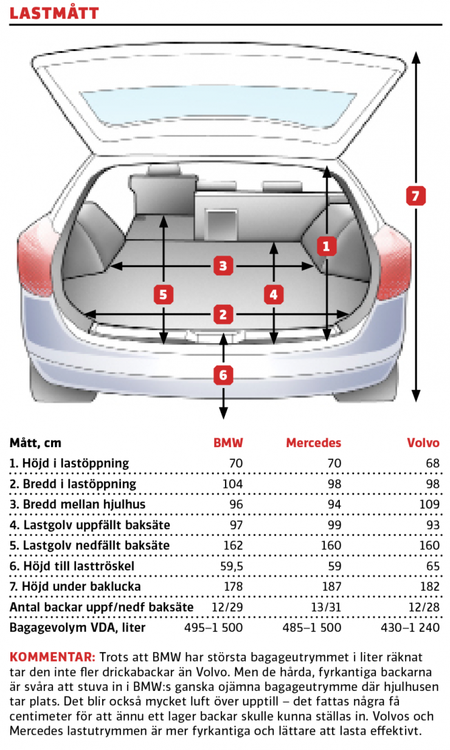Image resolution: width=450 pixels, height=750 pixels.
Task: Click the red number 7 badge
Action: (415, 196)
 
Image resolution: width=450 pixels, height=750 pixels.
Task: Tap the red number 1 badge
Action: (327, 246)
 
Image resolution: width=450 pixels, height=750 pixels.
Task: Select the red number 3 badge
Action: (223, 266)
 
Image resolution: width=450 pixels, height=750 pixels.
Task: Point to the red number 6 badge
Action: (223, 375)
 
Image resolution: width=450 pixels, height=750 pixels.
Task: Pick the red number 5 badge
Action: (164, 294)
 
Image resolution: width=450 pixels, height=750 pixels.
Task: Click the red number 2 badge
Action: (223, 314)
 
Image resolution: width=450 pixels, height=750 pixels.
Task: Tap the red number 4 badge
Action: (274, 294)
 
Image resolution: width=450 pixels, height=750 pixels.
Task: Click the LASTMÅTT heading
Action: (54, 13)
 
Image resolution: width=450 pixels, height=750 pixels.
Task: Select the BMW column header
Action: (229, 443)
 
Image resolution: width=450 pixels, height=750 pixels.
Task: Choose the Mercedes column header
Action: (313, 443)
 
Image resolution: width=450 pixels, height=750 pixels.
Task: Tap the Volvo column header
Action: (423, 443)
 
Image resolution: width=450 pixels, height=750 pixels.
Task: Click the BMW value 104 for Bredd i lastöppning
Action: (233, 484)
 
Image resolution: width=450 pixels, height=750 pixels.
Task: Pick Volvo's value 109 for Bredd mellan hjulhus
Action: (429, 504)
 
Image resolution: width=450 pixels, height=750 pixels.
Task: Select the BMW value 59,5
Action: (232, 566)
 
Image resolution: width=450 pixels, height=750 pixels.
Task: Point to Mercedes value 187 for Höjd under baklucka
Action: (331, 586)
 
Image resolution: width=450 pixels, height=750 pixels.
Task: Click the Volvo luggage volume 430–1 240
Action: (410, 628)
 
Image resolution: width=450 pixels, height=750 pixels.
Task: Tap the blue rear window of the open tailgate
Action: (218, 108)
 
